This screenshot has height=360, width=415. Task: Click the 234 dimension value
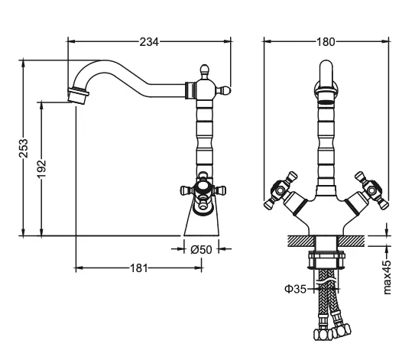click(149, 42)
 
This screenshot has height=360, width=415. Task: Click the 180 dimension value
click(326, 42)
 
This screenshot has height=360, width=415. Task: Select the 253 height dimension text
click(24, 148)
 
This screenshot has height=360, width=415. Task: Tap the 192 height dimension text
click(41, 169)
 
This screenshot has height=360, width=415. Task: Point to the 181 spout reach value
click(138, 268)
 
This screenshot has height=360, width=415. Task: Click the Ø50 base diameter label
click(202, 249)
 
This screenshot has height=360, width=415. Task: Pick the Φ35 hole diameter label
click(295, 289)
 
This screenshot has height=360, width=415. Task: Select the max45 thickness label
click(387, 277)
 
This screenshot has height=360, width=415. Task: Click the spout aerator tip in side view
click(78, 96)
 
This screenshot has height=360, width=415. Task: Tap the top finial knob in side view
click(204, 71)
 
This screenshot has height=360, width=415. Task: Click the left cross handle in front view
click(280, 190)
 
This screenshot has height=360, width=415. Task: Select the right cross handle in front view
click(372, 190)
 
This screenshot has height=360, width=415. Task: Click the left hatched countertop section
click(300, 241)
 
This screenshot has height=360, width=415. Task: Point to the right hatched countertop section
click(352, 241)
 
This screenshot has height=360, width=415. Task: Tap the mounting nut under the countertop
click(326, 260)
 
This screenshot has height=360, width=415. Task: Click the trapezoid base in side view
click(202, 222)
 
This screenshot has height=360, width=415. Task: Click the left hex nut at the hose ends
click(323, 335)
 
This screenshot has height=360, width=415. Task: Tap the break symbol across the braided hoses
click(327, 281)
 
